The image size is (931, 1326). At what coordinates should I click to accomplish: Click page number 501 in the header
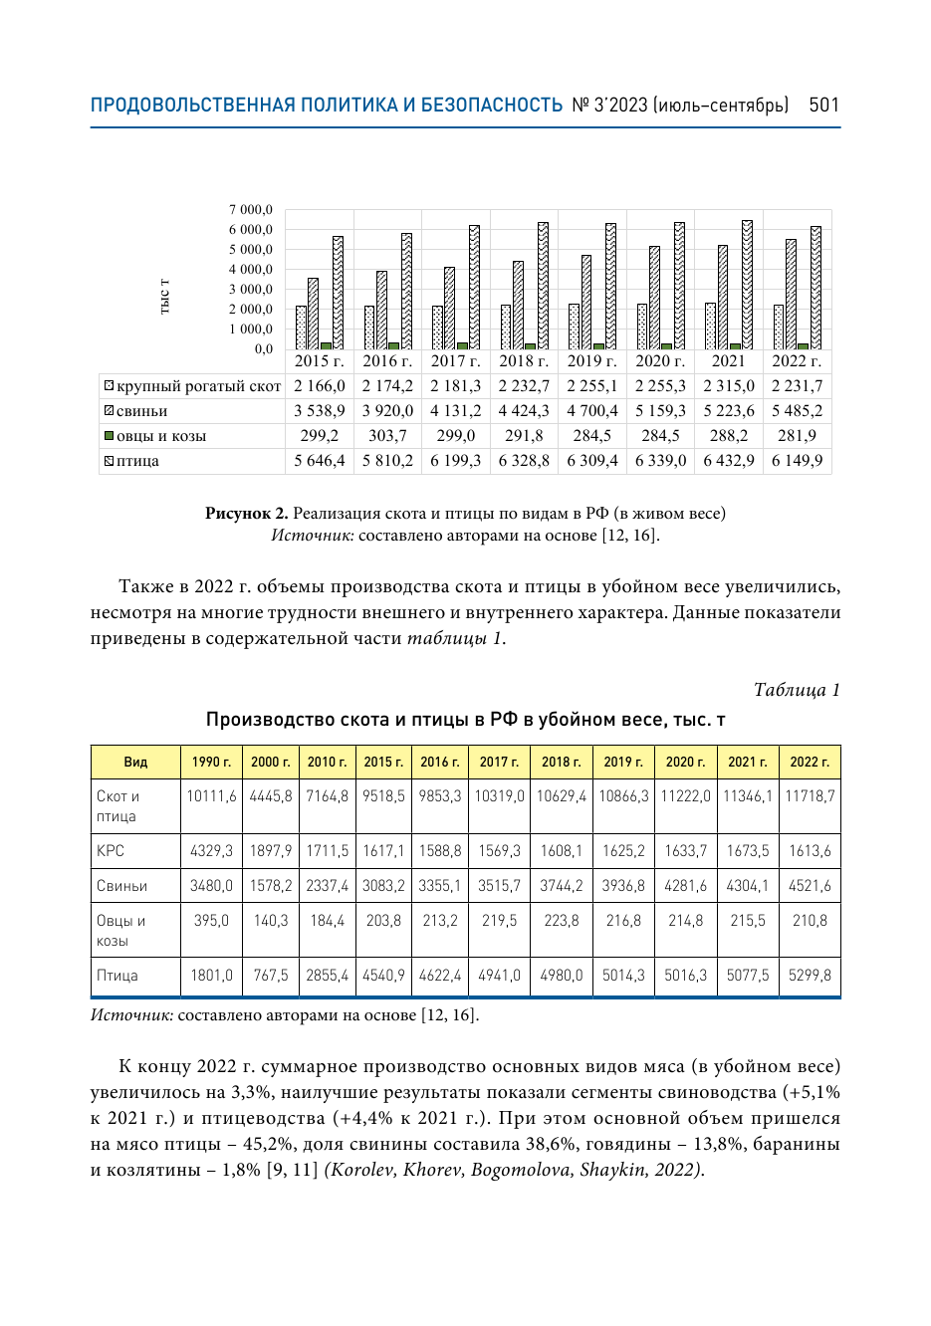pyautogui.click(x=823, y=105)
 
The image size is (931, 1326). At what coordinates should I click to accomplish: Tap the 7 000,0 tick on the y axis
pyautogui.click(x=251, y=210)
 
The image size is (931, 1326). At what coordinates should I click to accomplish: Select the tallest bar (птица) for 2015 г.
pyautogui.click(x=338, y=293)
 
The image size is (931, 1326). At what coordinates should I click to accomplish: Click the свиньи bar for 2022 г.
pyautogui.click(x=792, y=295)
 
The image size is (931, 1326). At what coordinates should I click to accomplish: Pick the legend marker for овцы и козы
pyautogui.click(x=110, y=436)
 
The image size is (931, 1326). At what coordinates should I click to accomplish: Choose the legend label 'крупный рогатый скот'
pyautogui.click(x=198, y=386)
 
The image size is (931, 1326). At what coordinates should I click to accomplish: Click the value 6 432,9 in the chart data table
pyautogui.click(x=728, y=461)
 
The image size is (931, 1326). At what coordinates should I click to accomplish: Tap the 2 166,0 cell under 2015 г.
pyautogui.click(x=319, y=386)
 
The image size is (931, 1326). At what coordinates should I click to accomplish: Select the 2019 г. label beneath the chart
pyautogui.click(x=591, y=361)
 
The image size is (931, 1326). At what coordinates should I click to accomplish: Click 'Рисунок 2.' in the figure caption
pyautogui.click(x=246, y=514)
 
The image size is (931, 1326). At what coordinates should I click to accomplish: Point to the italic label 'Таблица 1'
pyautogui.click(x=796, y=690)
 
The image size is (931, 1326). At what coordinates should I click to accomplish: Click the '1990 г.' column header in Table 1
pyautogui.click(x=211, y=762)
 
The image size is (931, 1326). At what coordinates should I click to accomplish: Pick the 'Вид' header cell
pyautogui.click(x=135, y=762)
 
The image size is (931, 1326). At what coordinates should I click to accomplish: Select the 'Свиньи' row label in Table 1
pyautogui.click(x=121, y=886)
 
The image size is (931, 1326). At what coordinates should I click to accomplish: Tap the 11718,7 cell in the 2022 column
pyautogui.click(x=810, y=796)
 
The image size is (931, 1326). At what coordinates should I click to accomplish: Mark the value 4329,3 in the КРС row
pyautogui.click(x=211, y=851)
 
